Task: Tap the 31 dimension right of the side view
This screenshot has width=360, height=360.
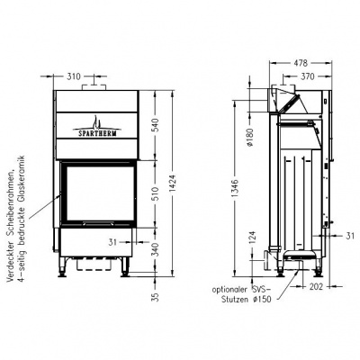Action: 348,235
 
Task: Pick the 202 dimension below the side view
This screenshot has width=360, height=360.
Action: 316,289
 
